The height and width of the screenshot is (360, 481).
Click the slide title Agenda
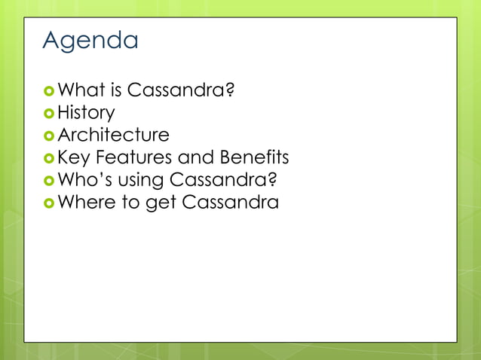tap(90, 41)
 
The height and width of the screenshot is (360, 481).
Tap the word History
tap(87, 113)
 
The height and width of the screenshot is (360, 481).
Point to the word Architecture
tap(114, 136)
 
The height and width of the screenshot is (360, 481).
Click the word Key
tap(74, 158)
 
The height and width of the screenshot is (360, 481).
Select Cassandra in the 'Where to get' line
tap(231, 203)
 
